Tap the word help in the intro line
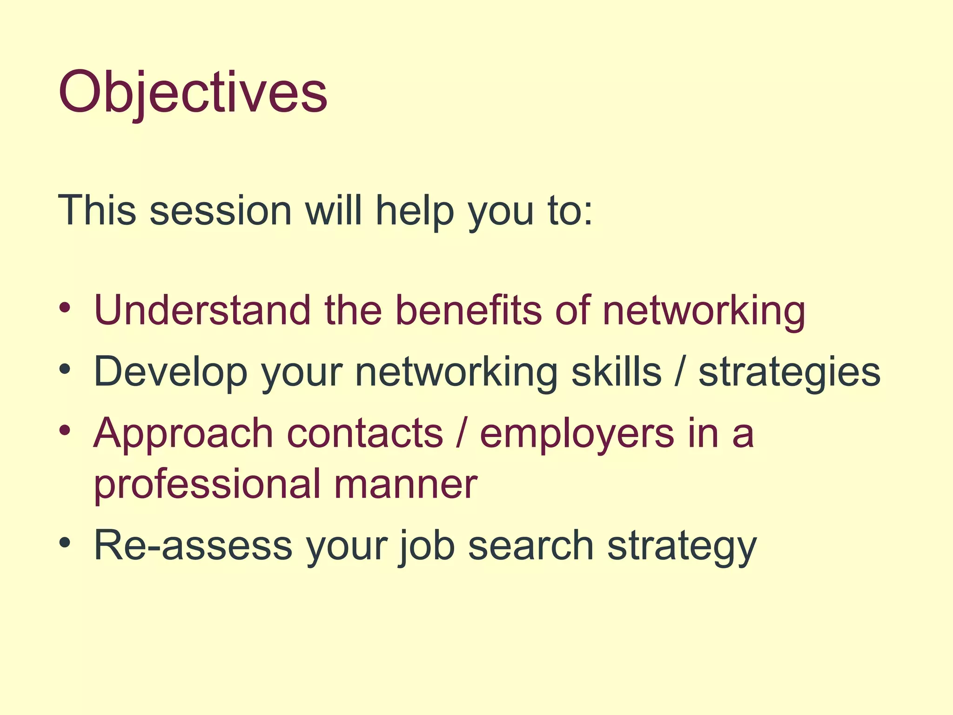tap(415, 210)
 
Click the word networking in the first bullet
tap(704, 311)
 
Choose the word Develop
tap(170, 372)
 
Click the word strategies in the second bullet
tap(789, 372)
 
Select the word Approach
tap(183, 434)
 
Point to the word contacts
tap(365, 434)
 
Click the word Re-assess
tap(193, 546)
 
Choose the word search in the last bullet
tap(530, 546)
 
